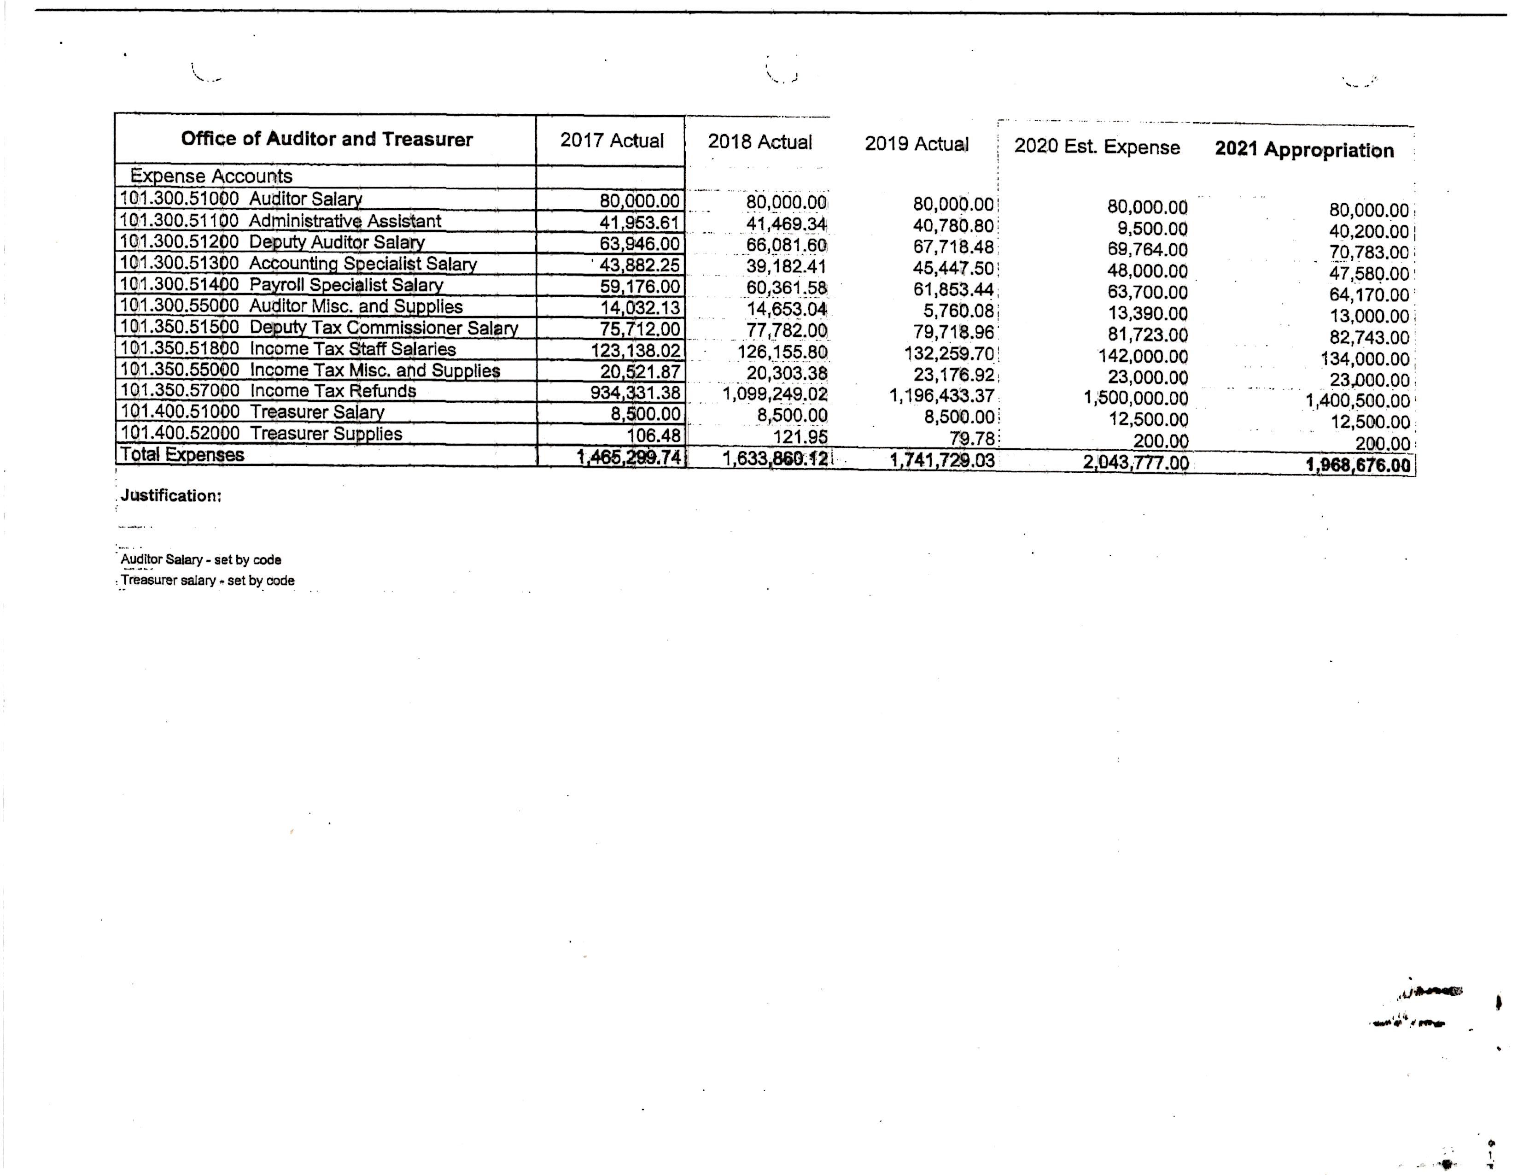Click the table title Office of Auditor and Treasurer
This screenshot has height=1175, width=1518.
(x=327, y=139)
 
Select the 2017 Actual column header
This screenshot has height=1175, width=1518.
(x=612, y=141)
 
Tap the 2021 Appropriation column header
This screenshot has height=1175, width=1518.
(x=1304, y=150)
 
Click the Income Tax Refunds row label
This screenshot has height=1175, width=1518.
(x=333, y=391)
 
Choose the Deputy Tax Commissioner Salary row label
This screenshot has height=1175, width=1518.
(x=384, y=328)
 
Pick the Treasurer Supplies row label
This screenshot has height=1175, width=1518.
(x=326, y=434)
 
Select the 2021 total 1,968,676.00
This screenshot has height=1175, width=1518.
(x=1358, y=465)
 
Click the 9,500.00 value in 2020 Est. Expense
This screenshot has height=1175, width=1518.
(x=1152, y=229)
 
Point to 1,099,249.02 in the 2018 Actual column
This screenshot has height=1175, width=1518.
(x=775, y=395)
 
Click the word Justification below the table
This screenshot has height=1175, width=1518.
(x=171, y=496)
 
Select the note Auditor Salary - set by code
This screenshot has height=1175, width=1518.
(x=201, y=560)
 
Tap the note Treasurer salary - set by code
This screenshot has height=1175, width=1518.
(x=207, y=581)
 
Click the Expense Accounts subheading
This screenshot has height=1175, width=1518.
(x=211, y=176)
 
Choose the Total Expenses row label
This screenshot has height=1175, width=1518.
(x=182, y=455)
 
